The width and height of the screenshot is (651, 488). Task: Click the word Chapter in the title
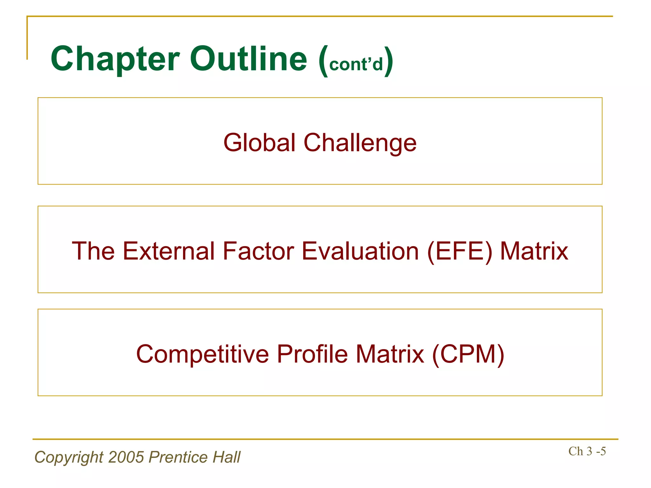tap(115, 59)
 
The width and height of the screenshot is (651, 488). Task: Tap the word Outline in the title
tap(249, 59)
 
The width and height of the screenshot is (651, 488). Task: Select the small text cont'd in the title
tap(356, 64)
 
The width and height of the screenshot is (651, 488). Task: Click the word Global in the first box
tap(259, 143)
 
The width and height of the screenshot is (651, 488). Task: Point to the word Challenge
tap(360, 143)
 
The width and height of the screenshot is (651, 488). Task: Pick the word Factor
tap(258, 251)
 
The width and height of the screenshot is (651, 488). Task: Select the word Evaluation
tap(360, 251)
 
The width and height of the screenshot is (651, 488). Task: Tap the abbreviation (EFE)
tap(460, 251)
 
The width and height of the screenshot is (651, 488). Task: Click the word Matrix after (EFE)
tap(534, 251)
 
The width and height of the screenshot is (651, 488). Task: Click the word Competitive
tap(202, 354)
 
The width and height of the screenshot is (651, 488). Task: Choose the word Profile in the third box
tap(312, 354)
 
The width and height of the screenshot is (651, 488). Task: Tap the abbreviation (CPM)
tap(468, 354)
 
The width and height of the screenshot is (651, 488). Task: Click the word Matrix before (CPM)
tap(390, 354)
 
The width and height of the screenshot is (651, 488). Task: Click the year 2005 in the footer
tap(126, 457)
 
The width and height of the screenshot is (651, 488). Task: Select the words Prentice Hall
tap(195, 457)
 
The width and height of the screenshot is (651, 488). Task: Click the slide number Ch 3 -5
tap(587, 451)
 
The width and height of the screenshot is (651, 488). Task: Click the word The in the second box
tap(93, 251)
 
